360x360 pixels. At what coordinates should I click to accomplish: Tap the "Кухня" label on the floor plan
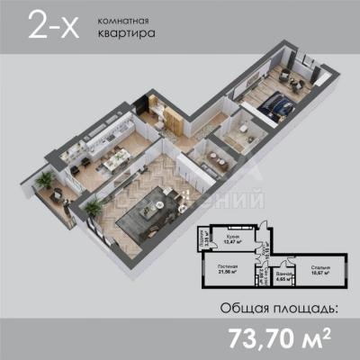[233, 233]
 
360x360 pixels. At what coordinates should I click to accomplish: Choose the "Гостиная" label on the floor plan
[228, 266]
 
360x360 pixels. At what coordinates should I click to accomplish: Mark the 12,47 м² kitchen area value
[234, 241]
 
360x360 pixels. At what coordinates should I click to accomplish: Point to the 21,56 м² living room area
[228, 274]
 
